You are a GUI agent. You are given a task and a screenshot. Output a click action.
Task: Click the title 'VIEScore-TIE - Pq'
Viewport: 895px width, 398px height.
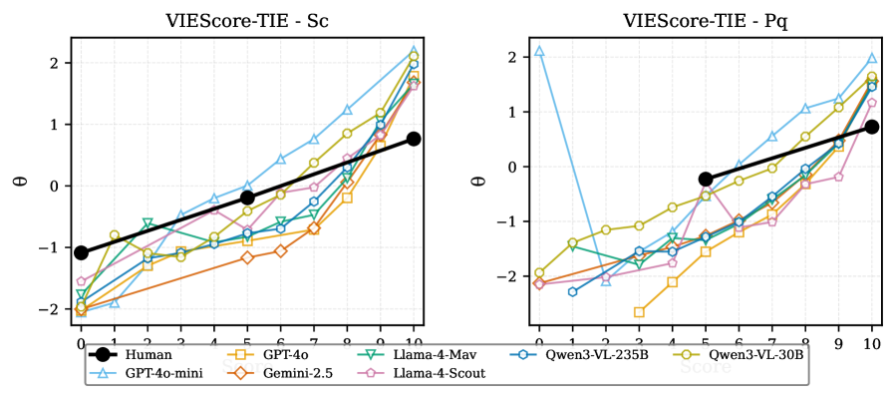click(706, 19)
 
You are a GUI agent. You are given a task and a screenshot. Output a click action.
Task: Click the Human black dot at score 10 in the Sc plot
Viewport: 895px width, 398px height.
click(414, 139)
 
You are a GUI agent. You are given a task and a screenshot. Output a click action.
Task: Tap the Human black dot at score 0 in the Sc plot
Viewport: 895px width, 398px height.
click(82, 253)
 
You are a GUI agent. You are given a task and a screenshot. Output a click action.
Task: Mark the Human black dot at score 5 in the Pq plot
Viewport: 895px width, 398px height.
click(706, 180)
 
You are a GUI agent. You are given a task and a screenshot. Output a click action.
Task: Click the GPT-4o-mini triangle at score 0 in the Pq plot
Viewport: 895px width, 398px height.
click(539, 51)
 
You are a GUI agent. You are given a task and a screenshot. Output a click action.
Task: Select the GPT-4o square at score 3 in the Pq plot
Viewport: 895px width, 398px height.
click(639, 312)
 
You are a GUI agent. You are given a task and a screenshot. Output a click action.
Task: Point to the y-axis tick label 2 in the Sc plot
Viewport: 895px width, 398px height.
click(63, 63)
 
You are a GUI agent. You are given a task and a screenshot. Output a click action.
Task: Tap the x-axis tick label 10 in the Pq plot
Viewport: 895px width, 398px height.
click(872, 344)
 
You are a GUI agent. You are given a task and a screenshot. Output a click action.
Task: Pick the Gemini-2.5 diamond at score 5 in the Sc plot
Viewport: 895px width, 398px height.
click(247, 257)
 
